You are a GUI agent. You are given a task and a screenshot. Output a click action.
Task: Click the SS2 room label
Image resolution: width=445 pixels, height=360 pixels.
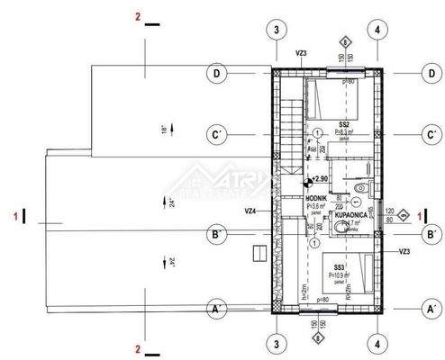pos(343,124)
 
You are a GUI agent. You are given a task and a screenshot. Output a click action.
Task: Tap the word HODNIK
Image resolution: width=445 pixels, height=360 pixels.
pos(316,196)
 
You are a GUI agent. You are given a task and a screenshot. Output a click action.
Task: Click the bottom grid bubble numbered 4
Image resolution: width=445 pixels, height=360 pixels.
pos(377,343)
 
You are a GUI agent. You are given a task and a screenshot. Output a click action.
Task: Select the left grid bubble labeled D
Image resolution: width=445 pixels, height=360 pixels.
pos(217,72)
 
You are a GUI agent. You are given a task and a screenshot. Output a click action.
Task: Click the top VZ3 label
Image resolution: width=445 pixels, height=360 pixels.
pos(301,54)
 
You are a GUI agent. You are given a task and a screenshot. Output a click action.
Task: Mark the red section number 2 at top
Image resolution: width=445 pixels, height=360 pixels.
pos(137,16)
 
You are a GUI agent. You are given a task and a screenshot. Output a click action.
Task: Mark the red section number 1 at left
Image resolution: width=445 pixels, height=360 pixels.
pos(15,216)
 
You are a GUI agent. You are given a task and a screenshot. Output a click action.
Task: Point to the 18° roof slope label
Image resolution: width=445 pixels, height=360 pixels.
pos(164,131)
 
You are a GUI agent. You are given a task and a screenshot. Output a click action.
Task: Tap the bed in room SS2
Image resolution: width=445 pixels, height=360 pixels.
pos(335,94)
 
